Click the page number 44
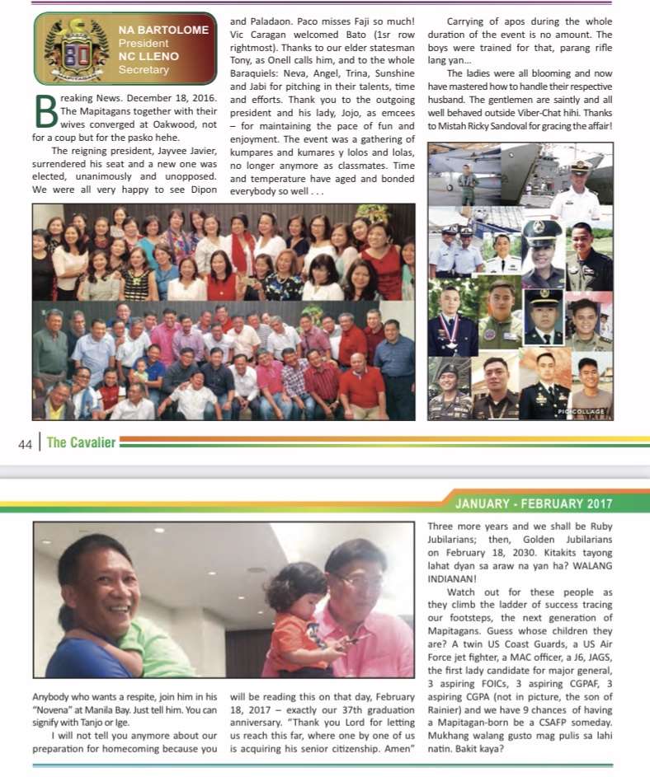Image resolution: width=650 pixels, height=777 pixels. [25, 443]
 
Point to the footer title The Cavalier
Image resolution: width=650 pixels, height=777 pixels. [81, 442]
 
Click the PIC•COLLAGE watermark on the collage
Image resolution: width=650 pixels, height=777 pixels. [582, 411]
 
